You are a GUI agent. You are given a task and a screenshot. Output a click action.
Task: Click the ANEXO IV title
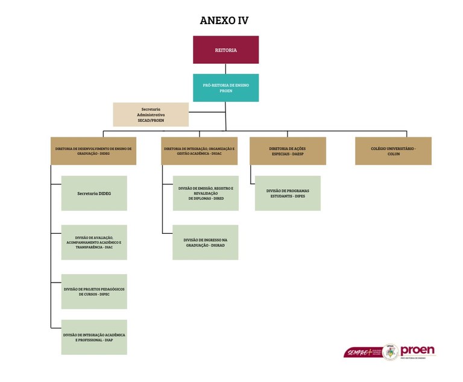[x=224, y=20]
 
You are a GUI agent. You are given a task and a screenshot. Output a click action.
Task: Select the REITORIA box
[x=225, y=50]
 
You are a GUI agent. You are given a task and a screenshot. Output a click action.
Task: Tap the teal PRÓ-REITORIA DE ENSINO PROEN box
[x=225, y=88]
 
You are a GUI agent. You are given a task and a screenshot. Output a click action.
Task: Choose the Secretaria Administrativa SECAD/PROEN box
[x=151, y=114]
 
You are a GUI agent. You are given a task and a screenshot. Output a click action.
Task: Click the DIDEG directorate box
[x=93, y=151]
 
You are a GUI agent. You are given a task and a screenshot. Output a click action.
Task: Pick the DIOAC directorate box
[x=199, y=151]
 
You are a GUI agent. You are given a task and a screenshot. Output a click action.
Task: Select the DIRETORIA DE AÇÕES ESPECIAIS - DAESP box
[x=288, y=151]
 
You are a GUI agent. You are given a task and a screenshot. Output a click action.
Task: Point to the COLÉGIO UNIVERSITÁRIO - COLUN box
[x=393, y=151]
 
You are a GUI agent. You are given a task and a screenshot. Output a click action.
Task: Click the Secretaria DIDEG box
[x=94, y=193]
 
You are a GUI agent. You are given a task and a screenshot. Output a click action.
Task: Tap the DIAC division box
[x=94, y=242]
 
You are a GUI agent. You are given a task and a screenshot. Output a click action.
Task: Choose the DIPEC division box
[x=94, y=292]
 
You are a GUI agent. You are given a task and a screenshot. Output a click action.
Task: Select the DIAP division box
[x=94, y=337]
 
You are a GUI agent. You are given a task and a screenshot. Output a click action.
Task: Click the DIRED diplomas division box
[x=206, y=193]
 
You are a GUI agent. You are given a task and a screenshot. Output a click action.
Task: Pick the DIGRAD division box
[x=206, y=242]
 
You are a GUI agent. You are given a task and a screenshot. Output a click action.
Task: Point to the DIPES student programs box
[x=288, y=193]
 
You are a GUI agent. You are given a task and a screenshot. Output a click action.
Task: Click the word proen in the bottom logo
[x=417, y=350]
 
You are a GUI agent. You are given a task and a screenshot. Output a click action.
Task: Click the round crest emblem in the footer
[x=390, y=352]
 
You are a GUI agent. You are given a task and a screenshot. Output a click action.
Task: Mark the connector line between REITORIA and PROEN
[x=225, y=69]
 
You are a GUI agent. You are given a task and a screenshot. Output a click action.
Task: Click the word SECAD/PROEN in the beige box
[x=151, y=121]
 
